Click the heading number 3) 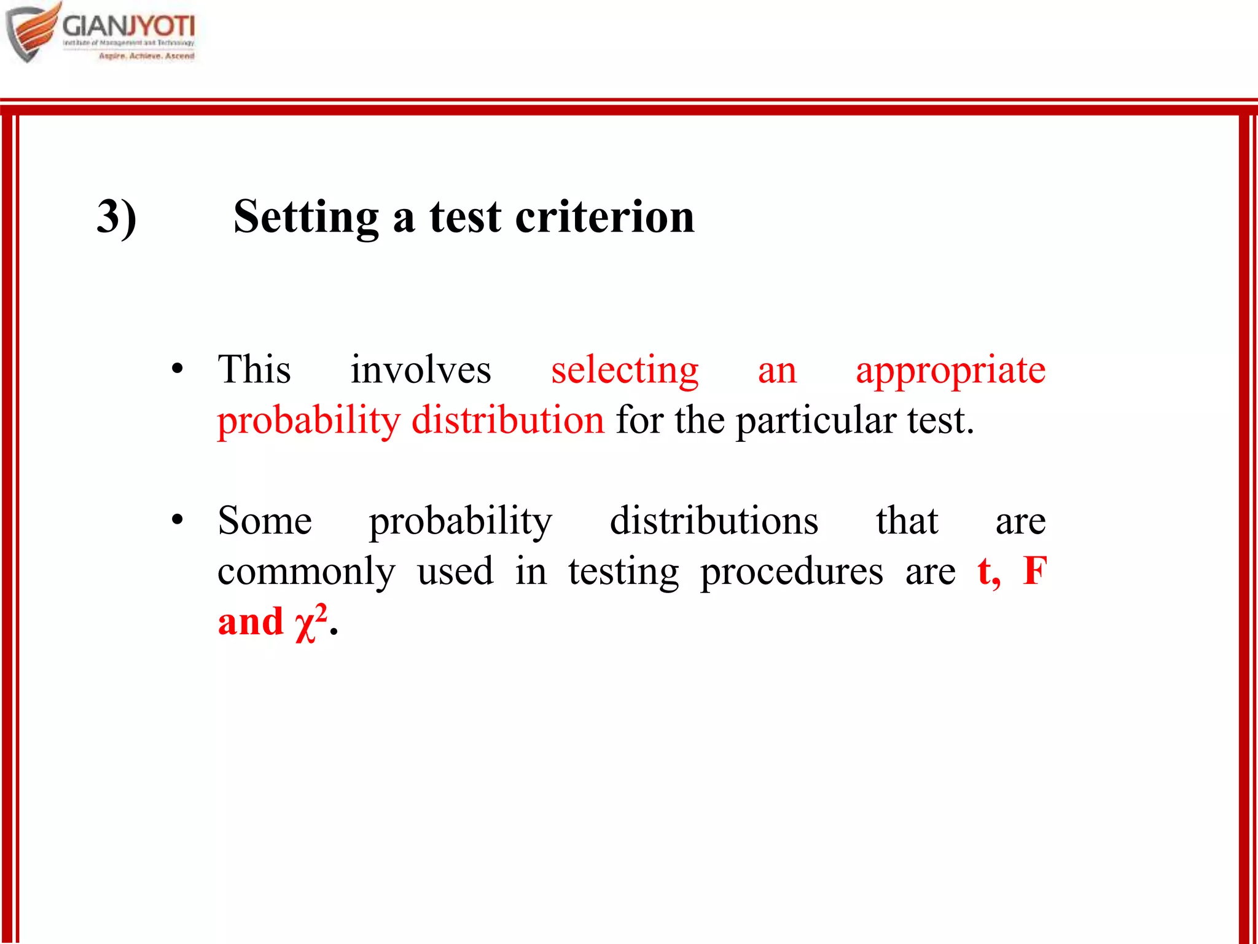tap(117, 217)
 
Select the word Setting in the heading tap(306, 217)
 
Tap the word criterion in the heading tap(604, 217)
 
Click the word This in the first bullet tap(254, 369)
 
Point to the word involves tap(421, 371)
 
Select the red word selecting tap(625, 371)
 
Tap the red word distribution tap(508, 420)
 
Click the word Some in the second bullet tap(265, 521)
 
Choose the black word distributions tap(714, 521)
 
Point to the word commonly tap(307, 572)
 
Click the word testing tap(623, 572)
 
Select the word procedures tap(791, 572)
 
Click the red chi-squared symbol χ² tap(311, 622)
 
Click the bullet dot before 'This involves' tap(178, 369)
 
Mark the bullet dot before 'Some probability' tap(178, 520)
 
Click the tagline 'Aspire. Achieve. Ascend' tap(147, 56)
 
